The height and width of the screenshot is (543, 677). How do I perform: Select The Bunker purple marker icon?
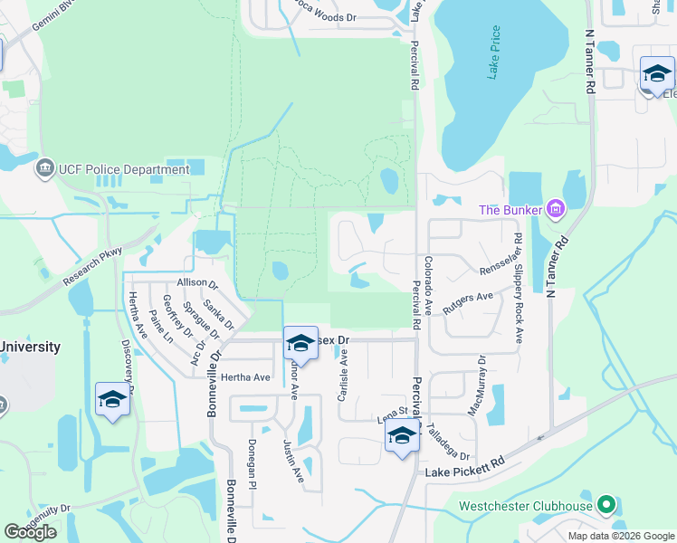[x=556, y=211]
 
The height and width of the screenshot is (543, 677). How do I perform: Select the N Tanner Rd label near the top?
[x=590, y=61]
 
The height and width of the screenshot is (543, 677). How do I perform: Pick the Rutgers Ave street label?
[x=468, y=302]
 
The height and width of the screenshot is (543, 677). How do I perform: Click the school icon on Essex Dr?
[x=300, y=343]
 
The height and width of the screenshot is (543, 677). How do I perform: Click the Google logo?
[x=30, y=532]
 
